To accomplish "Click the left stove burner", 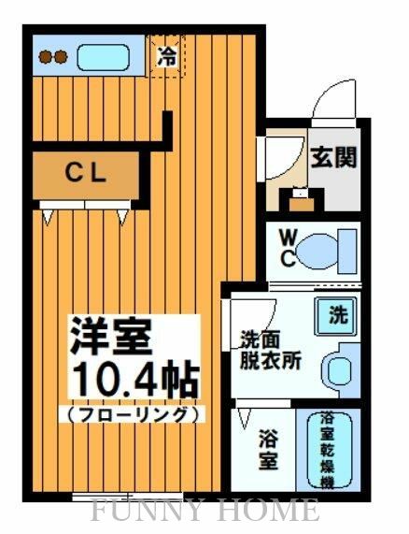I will click(x=45, y=57).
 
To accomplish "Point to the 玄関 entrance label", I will click(x=333, y=156).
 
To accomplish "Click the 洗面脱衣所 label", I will click(x=269, y=351).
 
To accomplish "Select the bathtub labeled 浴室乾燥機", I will click(x=329, y=449).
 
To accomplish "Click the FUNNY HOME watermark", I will click(x=204, y=511).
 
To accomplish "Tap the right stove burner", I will click(x=61, y=57).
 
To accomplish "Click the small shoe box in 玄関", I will click(x=302, y=199).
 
